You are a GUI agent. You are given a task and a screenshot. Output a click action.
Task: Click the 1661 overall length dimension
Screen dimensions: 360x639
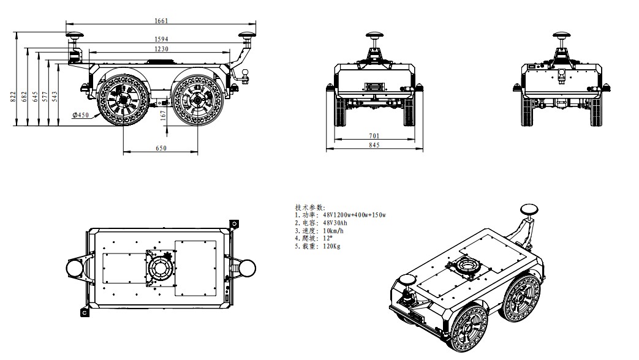[161, 20]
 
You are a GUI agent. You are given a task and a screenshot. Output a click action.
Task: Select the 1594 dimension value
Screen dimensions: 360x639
[161, 39]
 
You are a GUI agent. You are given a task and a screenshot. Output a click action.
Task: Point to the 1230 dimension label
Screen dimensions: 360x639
[161, 49]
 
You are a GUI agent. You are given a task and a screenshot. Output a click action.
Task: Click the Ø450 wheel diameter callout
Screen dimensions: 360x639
[81, 115]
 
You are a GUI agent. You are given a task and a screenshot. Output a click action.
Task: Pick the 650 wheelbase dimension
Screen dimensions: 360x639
[161, 148]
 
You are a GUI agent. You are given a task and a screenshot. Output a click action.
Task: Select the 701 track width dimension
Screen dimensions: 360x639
[374, 135]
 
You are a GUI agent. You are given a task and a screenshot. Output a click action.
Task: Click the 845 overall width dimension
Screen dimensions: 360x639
[374, 145]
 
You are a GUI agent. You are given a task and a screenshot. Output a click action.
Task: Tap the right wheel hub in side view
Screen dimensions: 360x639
[196, 99]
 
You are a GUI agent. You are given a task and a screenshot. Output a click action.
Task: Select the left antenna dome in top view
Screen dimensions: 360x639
[74, 268]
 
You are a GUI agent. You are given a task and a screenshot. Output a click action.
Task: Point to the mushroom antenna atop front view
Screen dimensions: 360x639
[374, 35]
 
